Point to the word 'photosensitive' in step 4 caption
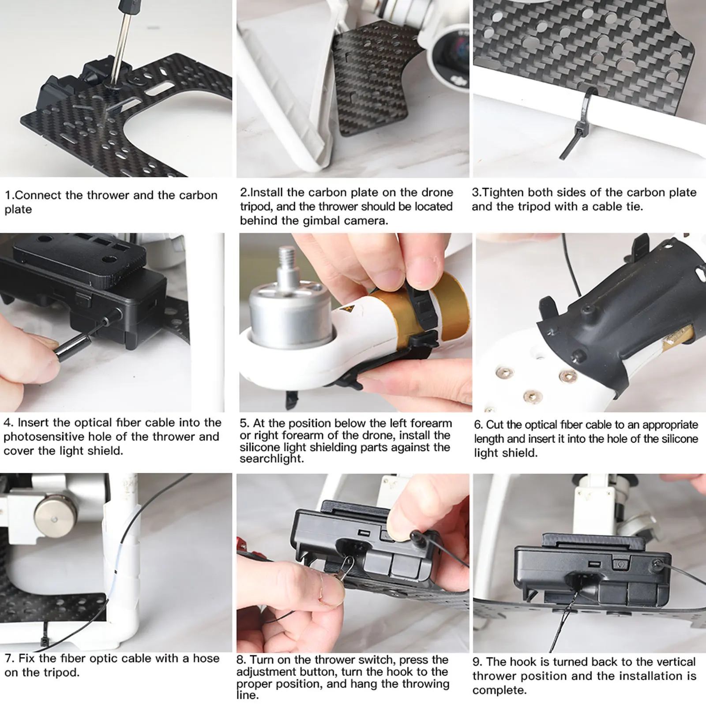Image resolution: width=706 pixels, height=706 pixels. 44,437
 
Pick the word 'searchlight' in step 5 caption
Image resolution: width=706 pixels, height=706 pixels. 271,459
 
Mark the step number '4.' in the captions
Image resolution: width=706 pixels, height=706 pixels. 8,423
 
